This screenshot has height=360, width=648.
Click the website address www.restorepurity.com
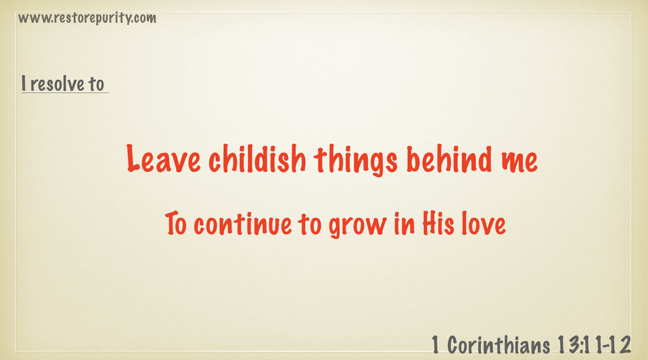point(87,18)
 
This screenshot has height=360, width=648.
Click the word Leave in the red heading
point(164,158)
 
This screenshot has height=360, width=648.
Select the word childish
point(257,158)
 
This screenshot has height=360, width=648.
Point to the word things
point(355,160)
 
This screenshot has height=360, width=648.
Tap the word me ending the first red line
point(519,162)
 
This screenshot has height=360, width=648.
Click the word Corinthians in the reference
point(499,345)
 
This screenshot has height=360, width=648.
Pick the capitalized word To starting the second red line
point(176,223)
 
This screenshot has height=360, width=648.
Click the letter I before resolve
point(24,83)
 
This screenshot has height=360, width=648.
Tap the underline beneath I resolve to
point(65,93)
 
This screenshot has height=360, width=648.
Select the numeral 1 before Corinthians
point(435,345)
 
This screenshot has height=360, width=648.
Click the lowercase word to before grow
point(310,224)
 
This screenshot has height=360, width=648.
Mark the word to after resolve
point(96,84)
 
